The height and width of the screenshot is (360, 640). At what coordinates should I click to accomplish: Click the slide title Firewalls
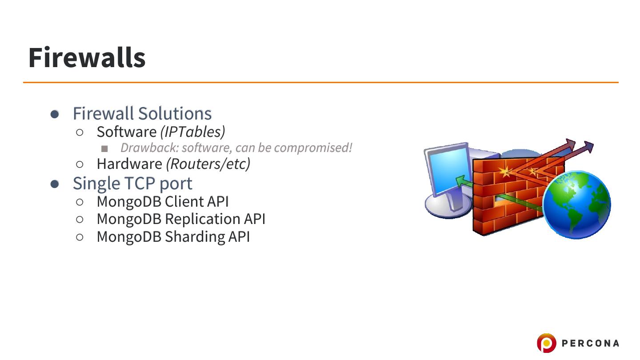(x=87, y=58)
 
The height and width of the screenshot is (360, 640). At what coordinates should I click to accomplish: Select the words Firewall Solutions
(x=142, y=113)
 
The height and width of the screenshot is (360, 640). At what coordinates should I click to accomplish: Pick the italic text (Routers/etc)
(x=208, y=164)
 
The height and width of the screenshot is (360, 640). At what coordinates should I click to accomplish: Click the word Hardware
(x=129, y=164)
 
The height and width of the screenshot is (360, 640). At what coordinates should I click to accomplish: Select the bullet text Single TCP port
(x=132, y=183)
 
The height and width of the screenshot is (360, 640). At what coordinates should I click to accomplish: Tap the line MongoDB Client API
(x=163, y=201)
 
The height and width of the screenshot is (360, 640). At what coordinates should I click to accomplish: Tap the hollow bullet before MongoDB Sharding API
(x=80, y=237)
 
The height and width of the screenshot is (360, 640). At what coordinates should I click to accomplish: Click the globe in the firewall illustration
(x=576, y=204)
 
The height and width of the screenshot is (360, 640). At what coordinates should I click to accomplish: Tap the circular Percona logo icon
(x=546, y=343)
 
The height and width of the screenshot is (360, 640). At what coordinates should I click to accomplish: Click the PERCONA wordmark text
(x=590, y=343)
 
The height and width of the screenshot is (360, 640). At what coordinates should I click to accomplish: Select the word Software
(x=126, y=132)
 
